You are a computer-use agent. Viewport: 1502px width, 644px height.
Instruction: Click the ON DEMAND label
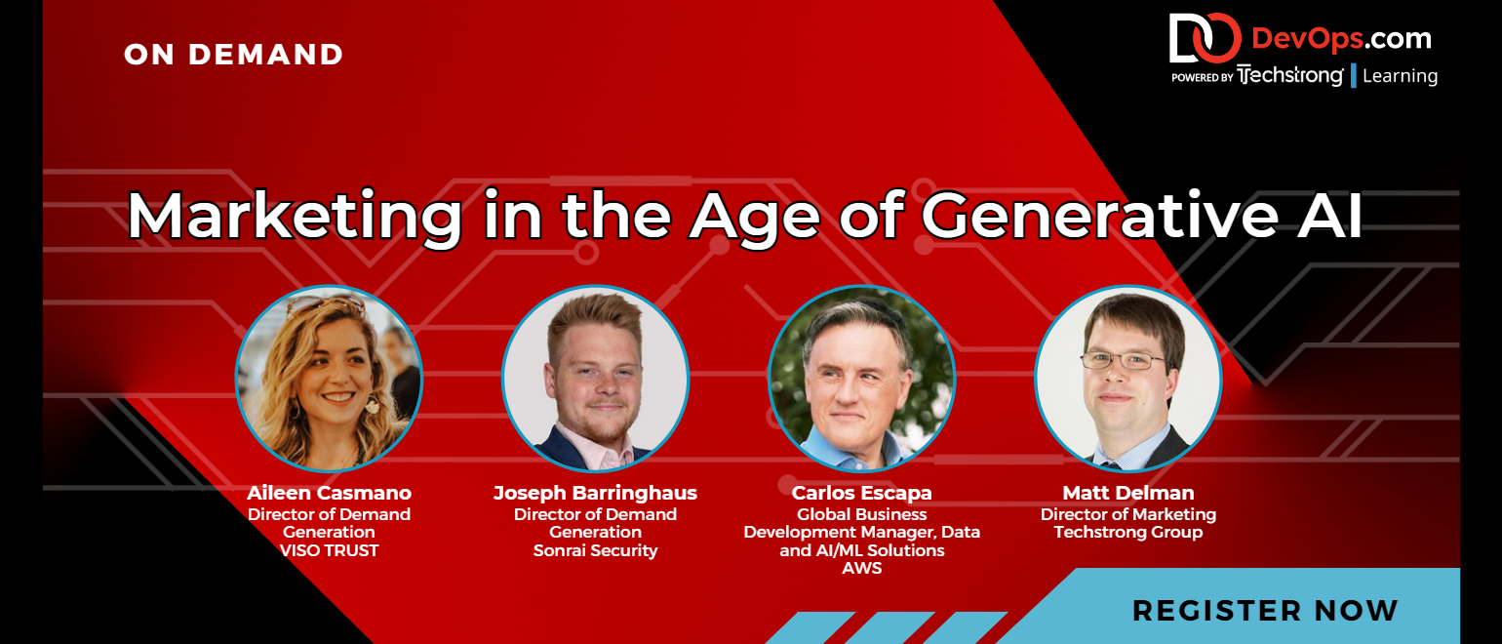[233, 55]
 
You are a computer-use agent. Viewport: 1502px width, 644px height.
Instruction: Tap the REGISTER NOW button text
[1265, 611]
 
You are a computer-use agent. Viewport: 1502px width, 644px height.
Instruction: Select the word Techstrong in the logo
[1290, 75]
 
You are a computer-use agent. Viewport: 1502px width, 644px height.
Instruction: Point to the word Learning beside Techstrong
[1401, 76]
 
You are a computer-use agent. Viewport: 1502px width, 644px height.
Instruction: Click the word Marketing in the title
[295, 216]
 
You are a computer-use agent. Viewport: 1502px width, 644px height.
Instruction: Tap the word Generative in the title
[1100, 215]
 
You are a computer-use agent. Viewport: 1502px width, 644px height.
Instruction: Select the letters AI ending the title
[1329, 216]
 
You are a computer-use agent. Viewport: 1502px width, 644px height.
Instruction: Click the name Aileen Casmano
[329, 493]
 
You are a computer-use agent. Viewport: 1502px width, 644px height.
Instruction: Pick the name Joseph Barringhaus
[595, 493]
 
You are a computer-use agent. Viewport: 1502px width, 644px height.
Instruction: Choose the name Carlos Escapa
[861, 493]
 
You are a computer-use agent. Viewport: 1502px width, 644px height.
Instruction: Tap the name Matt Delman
[1128, 493]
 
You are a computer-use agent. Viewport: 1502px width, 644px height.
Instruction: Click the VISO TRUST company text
[329, 550]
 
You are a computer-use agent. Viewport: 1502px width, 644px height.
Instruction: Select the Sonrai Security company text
[595, 550]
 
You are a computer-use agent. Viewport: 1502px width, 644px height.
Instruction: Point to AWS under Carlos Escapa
[861, 568]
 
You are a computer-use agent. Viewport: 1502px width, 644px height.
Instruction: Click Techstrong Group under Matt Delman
[1128, 532]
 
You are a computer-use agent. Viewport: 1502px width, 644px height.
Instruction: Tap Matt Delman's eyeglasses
[1124, 361]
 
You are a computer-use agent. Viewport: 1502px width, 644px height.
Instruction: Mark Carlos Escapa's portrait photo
[861, 379]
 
